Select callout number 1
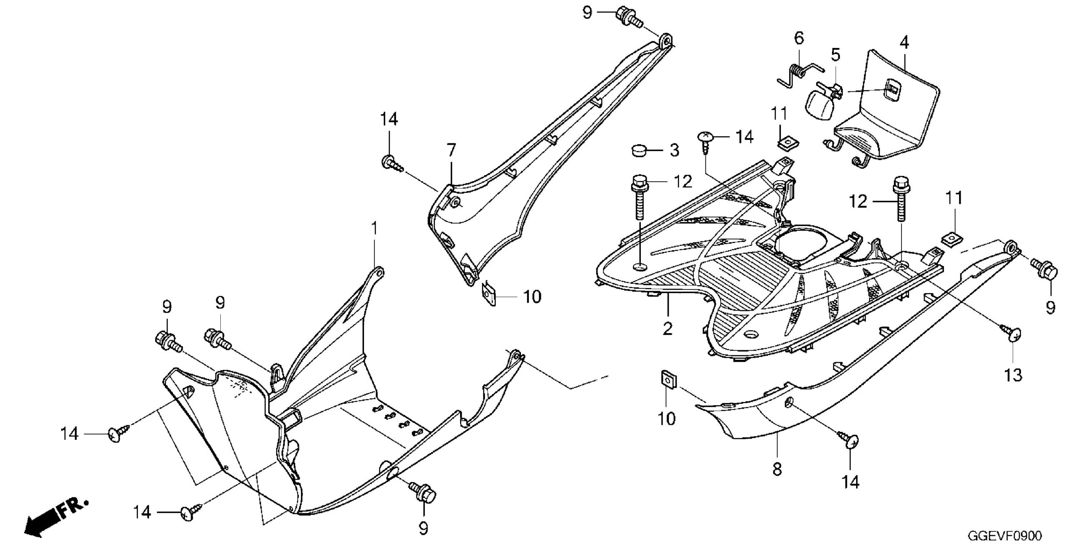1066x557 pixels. [x=374, y=228]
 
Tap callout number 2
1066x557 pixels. [x=667, y=329]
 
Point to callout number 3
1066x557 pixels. [x=674, y=150]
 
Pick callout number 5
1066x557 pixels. [x=836, y=55]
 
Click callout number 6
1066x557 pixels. [x=799, y=38]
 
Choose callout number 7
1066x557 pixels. [x=451, y=150]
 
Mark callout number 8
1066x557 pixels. [x=777, y=469]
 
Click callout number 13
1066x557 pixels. [x=1013, y=375]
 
